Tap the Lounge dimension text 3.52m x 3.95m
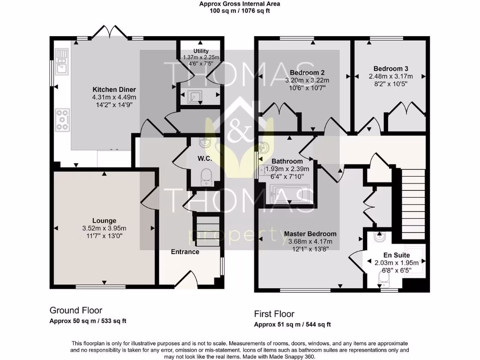[x=104, y=228]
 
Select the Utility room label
[x=201, y=51]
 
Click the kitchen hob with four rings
[x=62, y=120]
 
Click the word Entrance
[x=185, y=252]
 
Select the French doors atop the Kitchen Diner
[x=109, y=32]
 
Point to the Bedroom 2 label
[x=307, y=73]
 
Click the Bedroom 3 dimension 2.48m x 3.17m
[x=390, y=76]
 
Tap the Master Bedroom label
[x=310, y=234]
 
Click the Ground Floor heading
[x=76, y=310]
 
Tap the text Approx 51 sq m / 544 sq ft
[x=292, y=324]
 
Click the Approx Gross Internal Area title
[x=240, y=4]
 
